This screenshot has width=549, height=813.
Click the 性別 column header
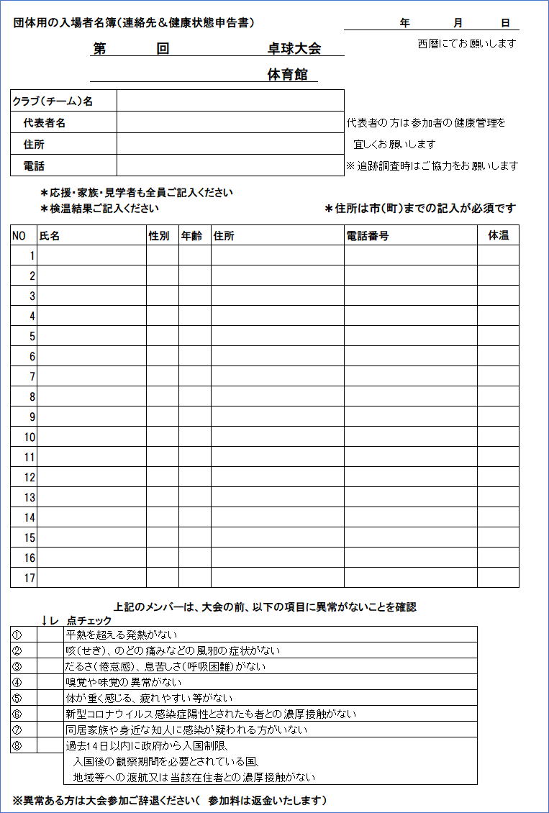159,235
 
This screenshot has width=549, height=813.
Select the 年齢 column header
191,235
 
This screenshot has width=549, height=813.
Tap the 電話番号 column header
368,235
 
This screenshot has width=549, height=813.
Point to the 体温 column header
498,235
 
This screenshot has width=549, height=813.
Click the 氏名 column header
50,235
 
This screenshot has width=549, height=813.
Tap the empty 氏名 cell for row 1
91,255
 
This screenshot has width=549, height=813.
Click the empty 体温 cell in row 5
498,336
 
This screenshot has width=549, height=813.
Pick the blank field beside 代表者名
230,122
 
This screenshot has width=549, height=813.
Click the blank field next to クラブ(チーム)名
230,101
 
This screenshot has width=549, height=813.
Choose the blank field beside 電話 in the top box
230,165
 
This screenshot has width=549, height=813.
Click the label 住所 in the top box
34,144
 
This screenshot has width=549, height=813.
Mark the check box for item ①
50,634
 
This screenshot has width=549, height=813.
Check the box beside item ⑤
50,697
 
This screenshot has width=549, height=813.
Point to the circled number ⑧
17,745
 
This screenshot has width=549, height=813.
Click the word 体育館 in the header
292,75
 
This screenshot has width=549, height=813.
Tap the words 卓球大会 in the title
294,48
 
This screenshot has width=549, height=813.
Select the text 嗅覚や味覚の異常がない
124,681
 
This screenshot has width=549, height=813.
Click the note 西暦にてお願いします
467,43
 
